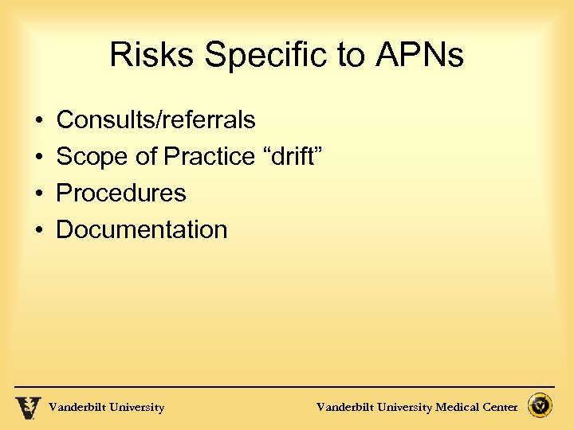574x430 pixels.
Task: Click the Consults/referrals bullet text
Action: coord(155,120)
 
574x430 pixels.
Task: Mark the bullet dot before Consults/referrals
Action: coord(39,121)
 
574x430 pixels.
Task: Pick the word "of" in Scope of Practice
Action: coord(146,157)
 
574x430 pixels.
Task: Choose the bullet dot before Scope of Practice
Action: coord(39,158)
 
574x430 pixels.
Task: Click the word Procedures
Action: coord(120,193)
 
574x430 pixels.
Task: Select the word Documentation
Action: coord(141,230)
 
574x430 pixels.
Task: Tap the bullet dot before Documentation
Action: coord(39,231)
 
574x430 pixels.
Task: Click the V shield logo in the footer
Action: coord(28,407)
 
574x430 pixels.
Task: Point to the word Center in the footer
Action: coord(500,408)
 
